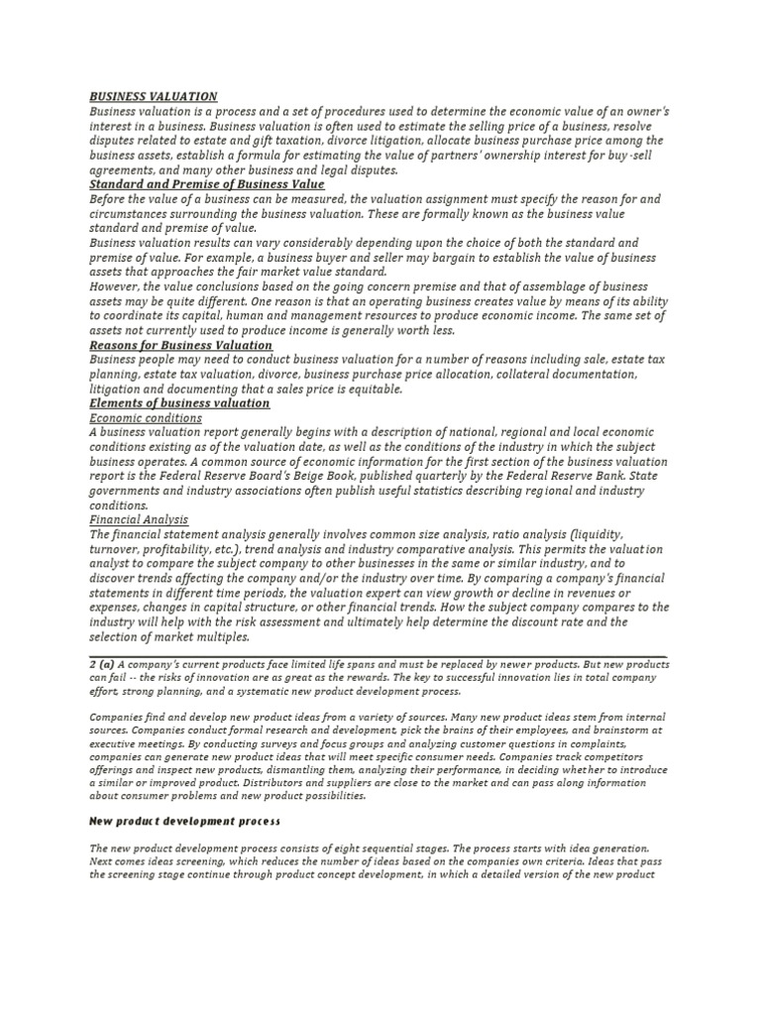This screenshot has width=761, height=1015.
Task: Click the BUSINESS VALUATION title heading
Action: coord(154,96)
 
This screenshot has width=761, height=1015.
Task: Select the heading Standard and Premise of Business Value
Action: coord(206,184)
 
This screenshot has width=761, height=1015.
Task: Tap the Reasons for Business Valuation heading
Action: coord(180,345)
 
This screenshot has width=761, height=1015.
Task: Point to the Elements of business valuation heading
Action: coord(179,403)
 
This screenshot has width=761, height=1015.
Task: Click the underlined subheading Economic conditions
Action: coord(146,418)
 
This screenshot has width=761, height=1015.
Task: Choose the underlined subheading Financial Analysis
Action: coord(139,519)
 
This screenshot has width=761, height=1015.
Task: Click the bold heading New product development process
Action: coord(185,822)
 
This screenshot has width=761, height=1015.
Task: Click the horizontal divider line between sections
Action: coord(380,654)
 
